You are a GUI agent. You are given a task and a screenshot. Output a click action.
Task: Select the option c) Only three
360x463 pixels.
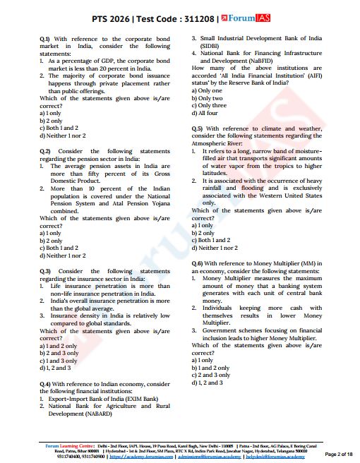coord(212,105)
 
